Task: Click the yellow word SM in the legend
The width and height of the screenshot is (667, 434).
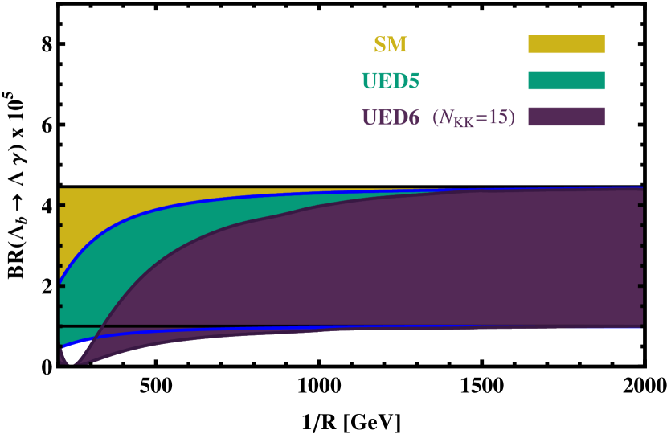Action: click(391, 45)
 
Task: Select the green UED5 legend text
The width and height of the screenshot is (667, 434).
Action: click(391, 81)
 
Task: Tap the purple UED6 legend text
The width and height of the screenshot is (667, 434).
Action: click(391, 117)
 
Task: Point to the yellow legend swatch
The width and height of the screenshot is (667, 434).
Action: click(566, 44)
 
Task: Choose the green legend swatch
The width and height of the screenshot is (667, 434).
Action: click(566, 80)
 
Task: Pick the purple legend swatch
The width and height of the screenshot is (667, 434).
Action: click(566, 117)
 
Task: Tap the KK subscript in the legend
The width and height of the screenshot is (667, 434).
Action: click(464, 123)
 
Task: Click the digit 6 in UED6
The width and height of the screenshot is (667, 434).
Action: click(413, 117)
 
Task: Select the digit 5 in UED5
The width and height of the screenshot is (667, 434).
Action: click(413, 81)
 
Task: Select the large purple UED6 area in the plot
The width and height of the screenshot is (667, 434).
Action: click(402, 257)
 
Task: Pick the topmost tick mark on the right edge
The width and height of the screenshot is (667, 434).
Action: click(640, 206)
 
